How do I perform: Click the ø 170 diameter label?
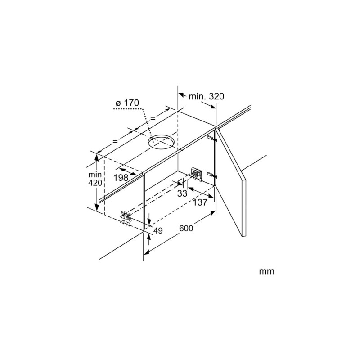click(x=127, y=103)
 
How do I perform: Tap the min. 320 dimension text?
click(x=206, y=96)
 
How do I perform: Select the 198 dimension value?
click(x=121, y=177)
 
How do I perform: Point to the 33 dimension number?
click(x=182, y=193)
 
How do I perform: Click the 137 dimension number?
click(x=200, y=202)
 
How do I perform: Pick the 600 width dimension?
click(x=186, y=228)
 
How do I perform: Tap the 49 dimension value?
click(x=158, y=230)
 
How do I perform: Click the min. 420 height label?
click(x=95, y=179)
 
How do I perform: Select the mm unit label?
click(x=266, y=271)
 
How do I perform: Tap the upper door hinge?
click(x=212, y=139)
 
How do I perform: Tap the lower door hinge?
click(x=212, y=175)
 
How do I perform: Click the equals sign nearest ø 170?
click(x=153, y=118)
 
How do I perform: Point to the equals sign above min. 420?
click(x=115, y=141)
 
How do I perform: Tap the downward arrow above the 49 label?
click(x=149, y=219)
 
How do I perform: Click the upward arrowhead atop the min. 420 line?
click(x=97, y=158)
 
